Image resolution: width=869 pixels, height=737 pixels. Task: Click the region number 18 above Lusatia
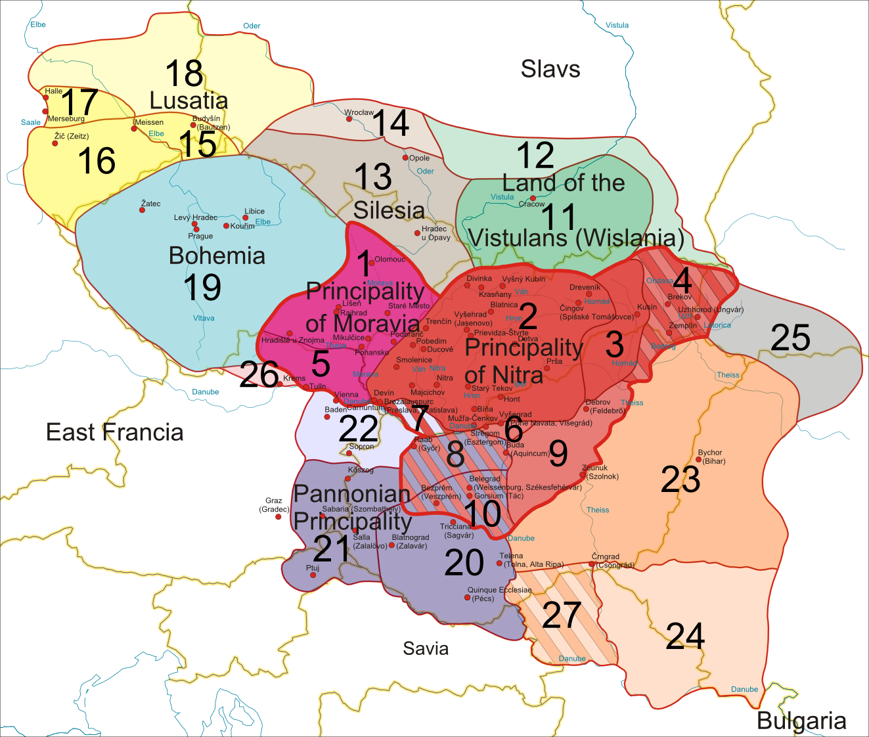[184, 74]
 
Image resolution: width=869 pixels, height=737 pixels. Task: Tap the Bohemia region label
[217, 256]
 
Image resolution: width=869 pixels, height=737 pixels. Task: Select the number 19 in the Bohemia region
[202, 288]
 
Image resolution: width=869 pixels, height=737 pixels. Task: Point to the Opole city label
[419, 158]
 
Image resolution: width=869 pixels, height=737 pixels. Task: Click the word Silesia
[389, 210]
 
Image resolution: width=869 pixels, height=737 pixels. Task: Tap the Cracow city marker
[533, 198]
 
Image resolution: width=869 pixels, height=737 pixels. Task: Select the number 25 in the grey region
[790, 338]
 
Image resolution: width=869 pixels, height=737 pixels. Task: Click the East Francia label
[114, 432]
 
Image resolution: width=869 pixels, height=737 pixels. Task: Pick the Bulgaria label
[801, 721]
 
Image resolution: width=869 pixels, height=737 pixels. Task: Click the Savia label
[426, 648]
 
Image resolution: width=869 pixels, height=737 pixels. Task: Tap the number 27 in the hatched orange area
[562, 615]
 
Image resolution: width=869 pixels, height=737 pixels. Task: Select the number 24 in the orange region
[685, 636]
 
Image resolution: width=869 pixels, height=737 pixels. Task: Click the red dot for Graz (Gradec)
[278, 517]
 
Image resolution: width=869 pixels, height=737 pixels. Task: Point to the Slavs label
[550, 69]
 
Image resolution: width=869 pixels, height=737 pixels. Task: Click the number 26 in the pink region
[259, 375]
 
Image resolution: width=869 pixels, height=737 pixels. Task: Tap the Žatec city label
[150, 204]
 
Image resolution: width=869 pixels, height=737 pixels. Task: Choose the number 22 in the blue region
[358, 430]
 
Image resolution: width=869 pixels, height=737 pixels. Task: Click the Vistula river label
[617, 26]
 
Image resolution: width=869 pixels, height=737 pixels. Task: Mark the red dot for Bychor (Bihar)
[698, 460]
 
